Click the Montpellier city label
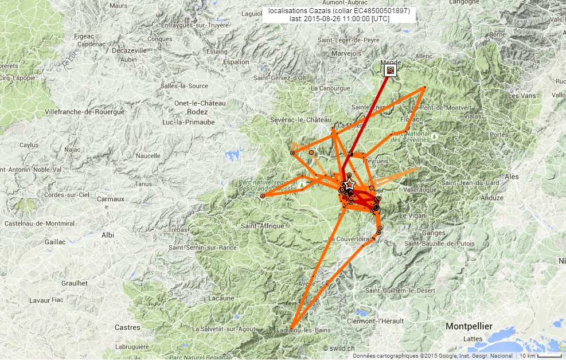(469, 326)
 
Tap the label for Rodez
(197, 112)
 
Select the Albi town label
(107, 235)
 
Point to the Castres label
(127, 327)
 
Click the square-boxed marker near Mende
(391, 71)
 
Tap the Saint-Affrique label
(263, 226)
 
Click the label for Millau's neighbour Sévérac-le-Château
(301, 120)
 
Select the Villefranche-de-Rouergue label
(84, 112)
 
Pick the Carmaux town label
(110, 199)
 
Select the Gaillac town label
(56, 242)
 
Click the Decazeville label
(130, 50)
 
